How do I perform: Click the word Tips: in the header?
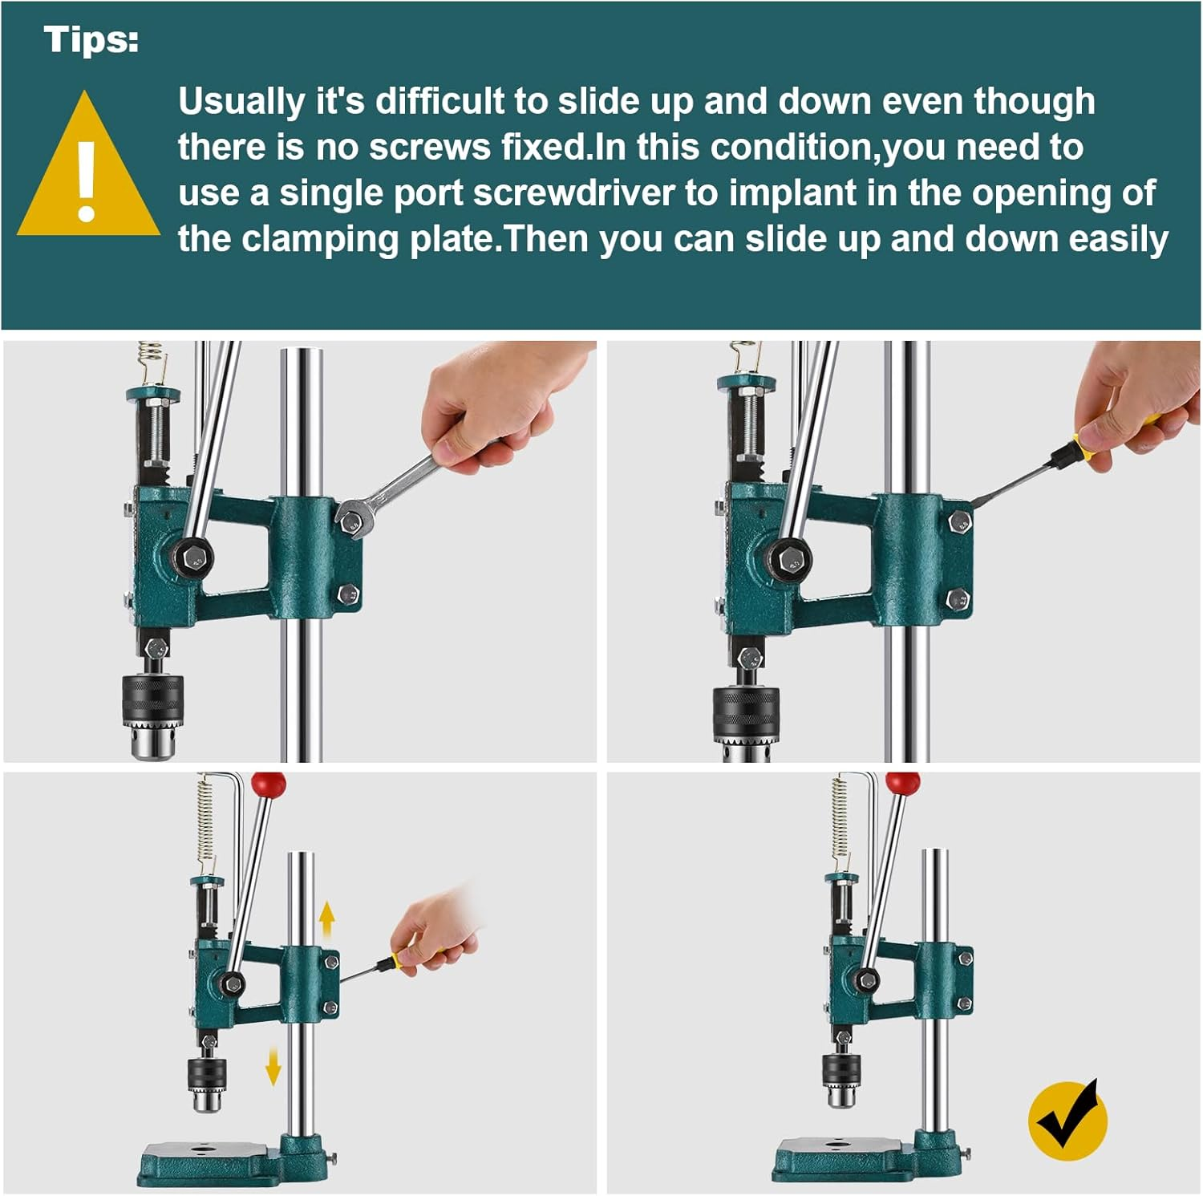[x=91, y=40]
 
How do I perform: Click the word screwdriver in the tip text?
[x=573, y=193]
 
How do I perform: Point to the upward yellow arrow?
[x=326, y=918]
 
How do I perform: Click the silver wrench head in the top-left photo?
[x=354, y=517]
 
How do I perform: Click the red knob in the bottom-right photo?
[x=903, y=783]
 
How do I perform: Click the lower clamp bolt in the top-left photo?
[x=348, y=594]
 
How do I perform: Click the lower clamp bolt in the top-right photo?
[x=958, y=598]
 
